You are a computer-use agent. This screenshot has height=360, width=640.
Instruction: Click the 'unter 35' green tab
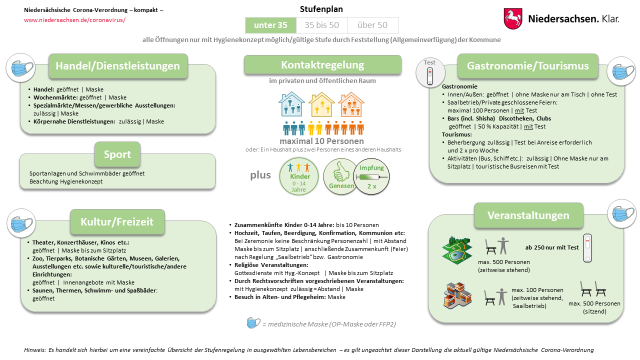(270, 25)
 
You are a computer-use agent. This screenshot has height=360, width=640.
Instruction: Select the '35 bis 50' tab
(321, 25)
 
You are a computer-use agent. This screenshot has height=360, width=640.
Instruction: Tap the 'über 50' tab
(372, 25)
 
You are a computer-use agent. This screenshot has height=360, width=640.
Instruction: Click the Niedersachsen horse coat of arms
(513, 18)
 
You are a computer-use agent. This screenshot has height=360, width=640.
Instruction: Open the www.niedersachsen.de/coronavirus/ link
(74, 20)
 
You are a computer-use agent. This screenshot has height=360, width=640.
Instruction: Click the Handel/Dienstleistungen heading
(117, 66)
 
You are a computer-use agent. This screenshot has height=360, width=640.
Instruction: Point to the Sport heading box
(117, 154)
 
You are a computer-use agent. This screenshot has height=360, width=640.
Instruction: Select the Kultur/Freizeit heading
(117, 221)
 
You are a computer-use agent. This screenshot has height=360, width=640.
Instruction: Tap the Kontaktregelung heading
(322, 64)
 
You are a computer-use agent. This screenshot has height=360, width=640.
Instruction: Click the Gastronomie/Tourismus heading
(527, 66)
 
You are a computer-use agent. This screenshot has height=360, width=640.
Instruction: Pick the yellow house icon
(321, 104)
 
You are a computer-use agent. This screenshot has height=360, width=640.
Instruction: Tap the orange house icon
(351, 104)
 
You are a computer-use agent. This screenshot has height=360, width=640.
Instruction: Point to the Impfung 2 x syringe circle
(371, 177)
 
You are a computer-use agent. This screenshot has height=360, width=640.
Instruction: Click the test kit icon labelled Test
(429, 75)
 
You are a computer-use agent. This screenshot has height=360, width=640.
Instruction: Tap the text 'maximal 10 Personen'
(322, 141)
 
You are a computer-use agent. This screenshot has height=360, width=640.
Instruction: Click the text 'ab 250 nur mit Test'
(552, 247)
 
